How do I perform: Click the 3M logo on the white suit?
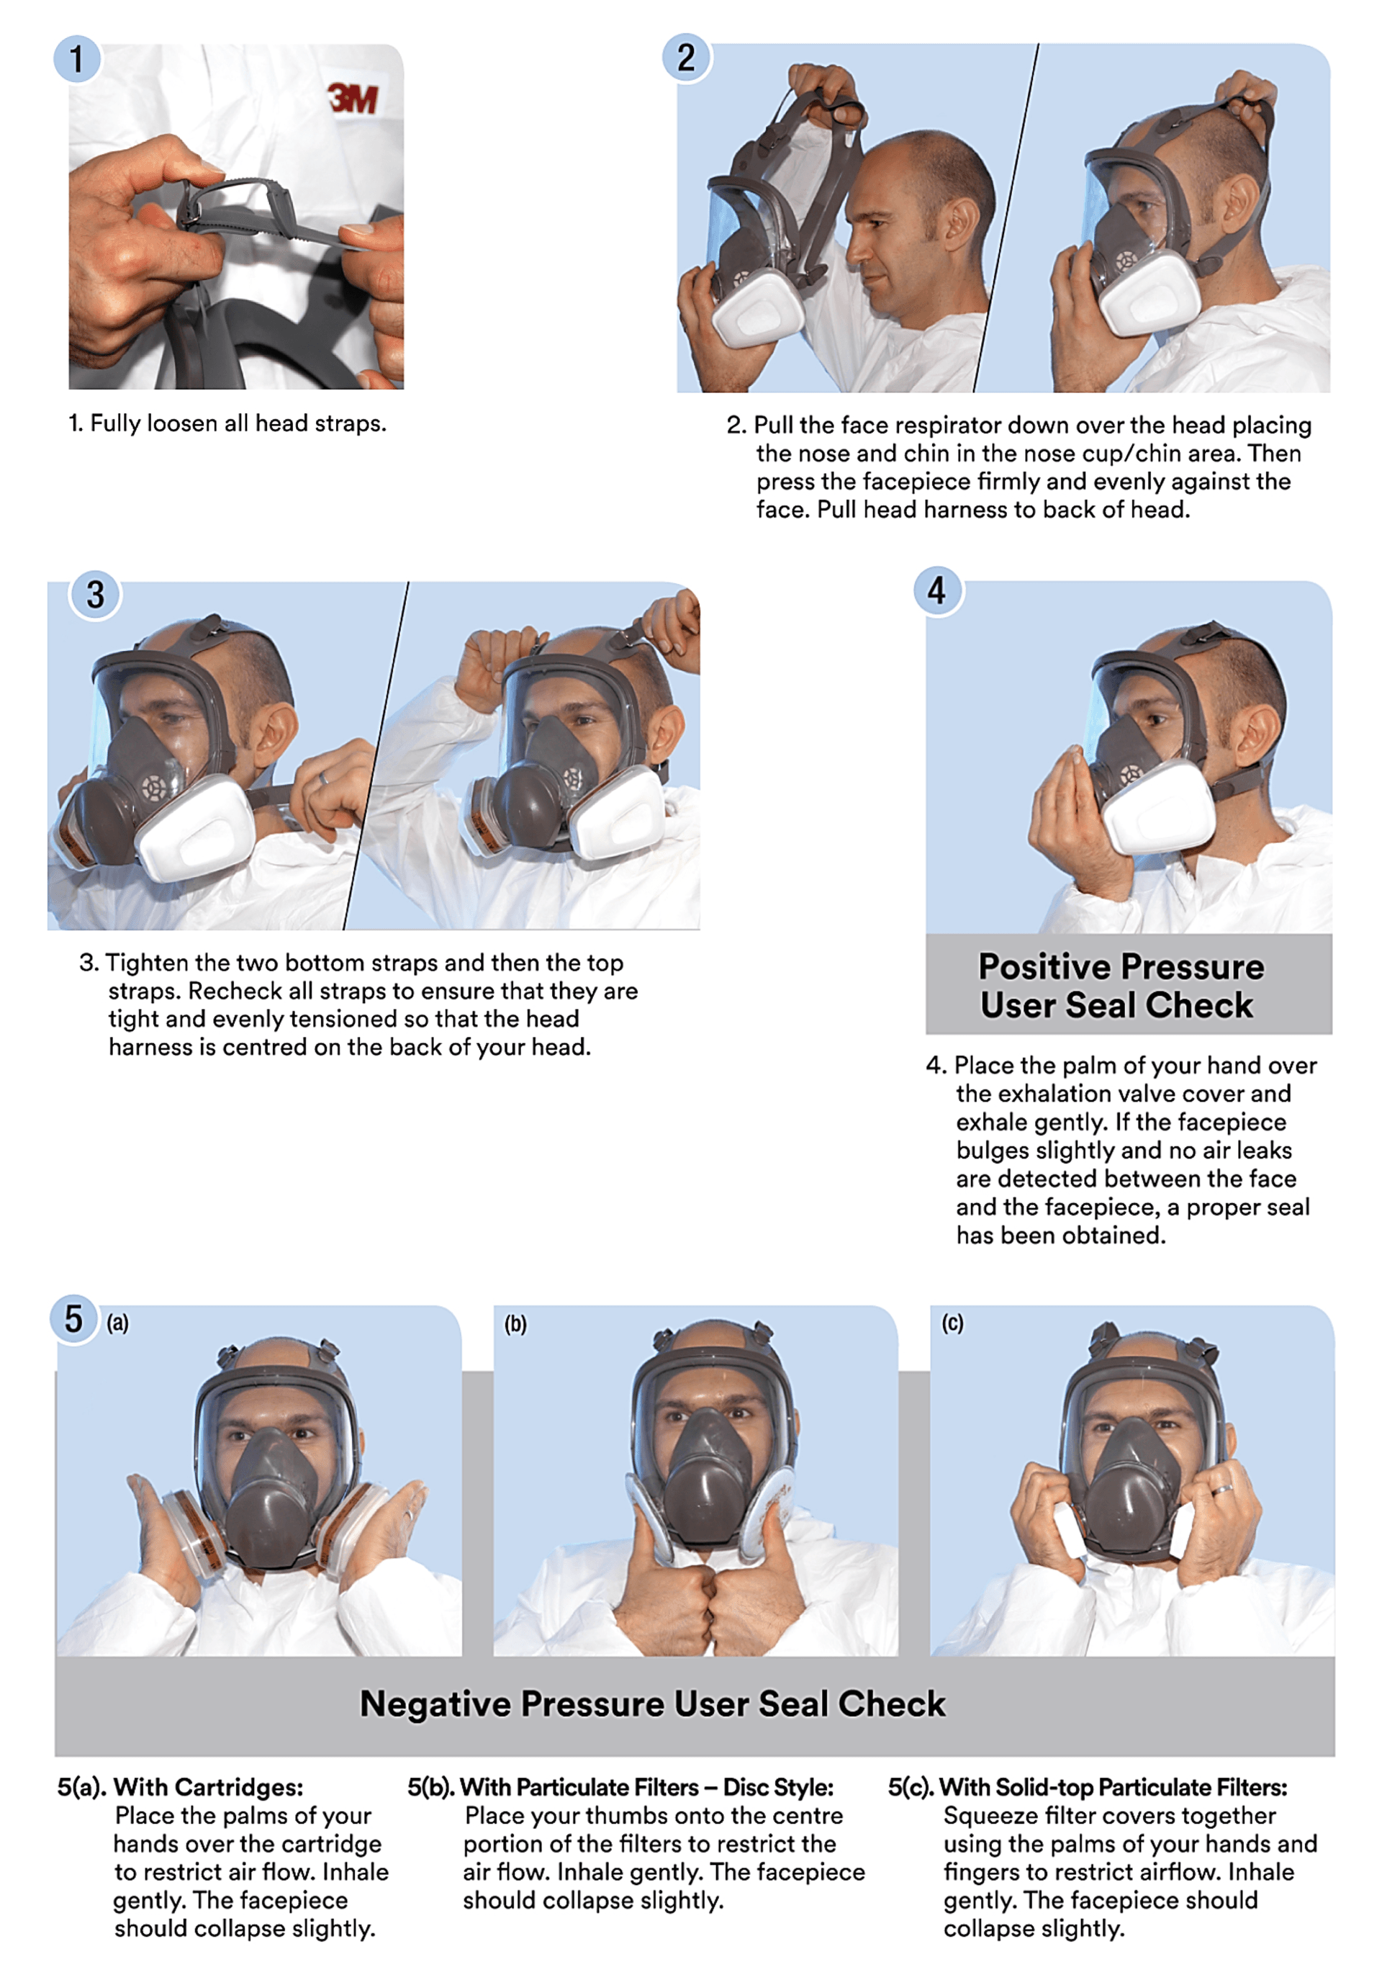point(353,99)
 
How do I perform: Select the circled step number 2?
point(686,58)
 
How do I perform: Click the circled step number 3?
point(95,595)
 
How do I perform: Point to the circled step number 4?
point(936,590)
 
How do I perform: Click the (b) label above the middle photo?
point(515,1324)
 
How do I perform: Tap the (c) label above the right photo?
point(952,1323)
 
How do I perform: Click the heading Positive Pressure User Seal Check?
point(1120,985)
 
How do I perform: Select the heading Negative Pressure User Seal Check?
point(652,1703)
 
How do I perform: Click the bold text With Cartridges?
point(209,1787)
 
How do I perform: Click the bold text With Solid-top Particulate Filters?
point(1113,1787)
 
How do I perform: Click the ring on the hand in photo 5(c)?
point(1221,1490)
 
